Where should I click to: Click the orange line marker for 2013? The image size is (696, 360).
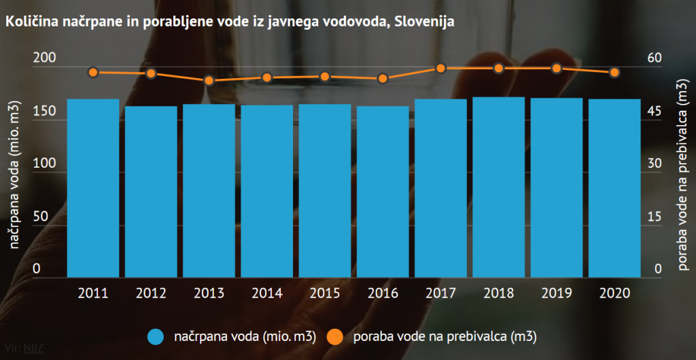pyautogui.click(x=209, y=81)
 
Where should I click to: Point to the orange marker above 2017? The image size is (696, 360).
pyautogui.click(x=440, y=68)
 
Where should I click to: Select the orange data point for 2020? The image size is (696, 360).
pyautogui.click(x=614, y=73)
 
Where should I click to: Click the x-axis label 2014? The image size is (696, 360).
pyautogui.click(x=267, y=293)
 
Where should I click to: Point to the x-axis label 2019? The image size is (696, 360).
pyautogui.click(x=557, y=293)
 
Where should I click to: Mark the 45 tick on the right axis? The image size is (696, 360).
pyautogui.click(x=653, y=111)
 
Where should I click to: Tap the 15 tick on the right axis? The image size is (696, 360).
pyautogui.click(x=653, y=217)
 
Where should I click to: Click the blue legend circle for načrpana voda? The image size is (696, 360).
pyautogui.click(x=156, y=336)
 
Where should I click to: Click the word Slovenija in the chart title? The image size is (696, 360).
pyautogui.click(x=425, y=22)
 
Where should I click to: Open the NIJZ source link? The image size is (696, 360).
pyautogui.click(x=33, y=352)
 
